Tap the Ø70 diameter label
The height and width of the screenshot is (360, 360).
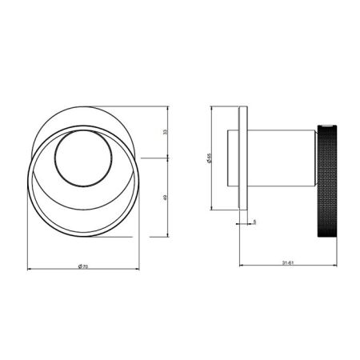pos(85,265)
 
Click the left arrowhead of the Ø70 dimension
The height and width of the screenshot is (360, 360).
pos(30,268)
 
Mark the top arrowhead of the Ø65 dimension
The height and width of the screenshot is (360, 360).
pos(214,106)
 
